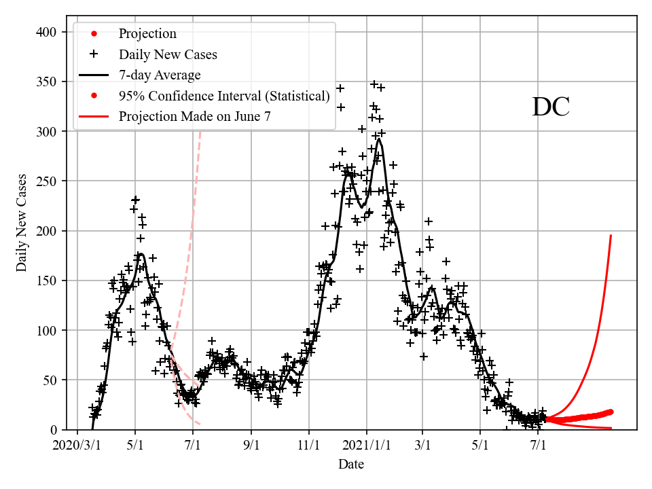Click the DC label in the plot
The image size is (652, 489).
click(550, 107)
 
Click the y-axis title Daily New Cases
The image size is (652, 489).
click(22, 223)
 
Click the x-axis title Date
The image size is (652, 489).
click(351, 465)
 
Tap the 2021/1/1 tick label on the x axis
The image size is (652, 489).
click(367, 446)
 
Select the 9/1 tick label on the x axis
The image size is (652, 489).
click(251, 446)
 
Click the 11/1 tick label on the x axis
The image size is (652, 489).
click(309, 446)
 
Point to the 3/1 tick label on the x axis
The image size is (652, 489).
click(422, 446)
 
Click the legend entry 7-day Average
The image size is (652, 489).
click(160, 75)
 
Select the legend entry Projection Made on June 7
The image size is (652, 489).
click(195, 116)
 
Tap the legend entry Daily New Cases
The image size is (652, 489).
click(168, 54)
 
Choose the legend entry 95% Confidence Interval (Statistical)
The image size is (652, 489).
click(224, 96)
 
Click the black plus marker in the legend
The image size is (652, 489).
click(94, 54)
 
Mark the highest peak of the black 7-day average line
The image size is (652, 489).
click(378, 139)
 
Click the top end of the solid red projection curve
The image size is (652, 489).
click(611, 236)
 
